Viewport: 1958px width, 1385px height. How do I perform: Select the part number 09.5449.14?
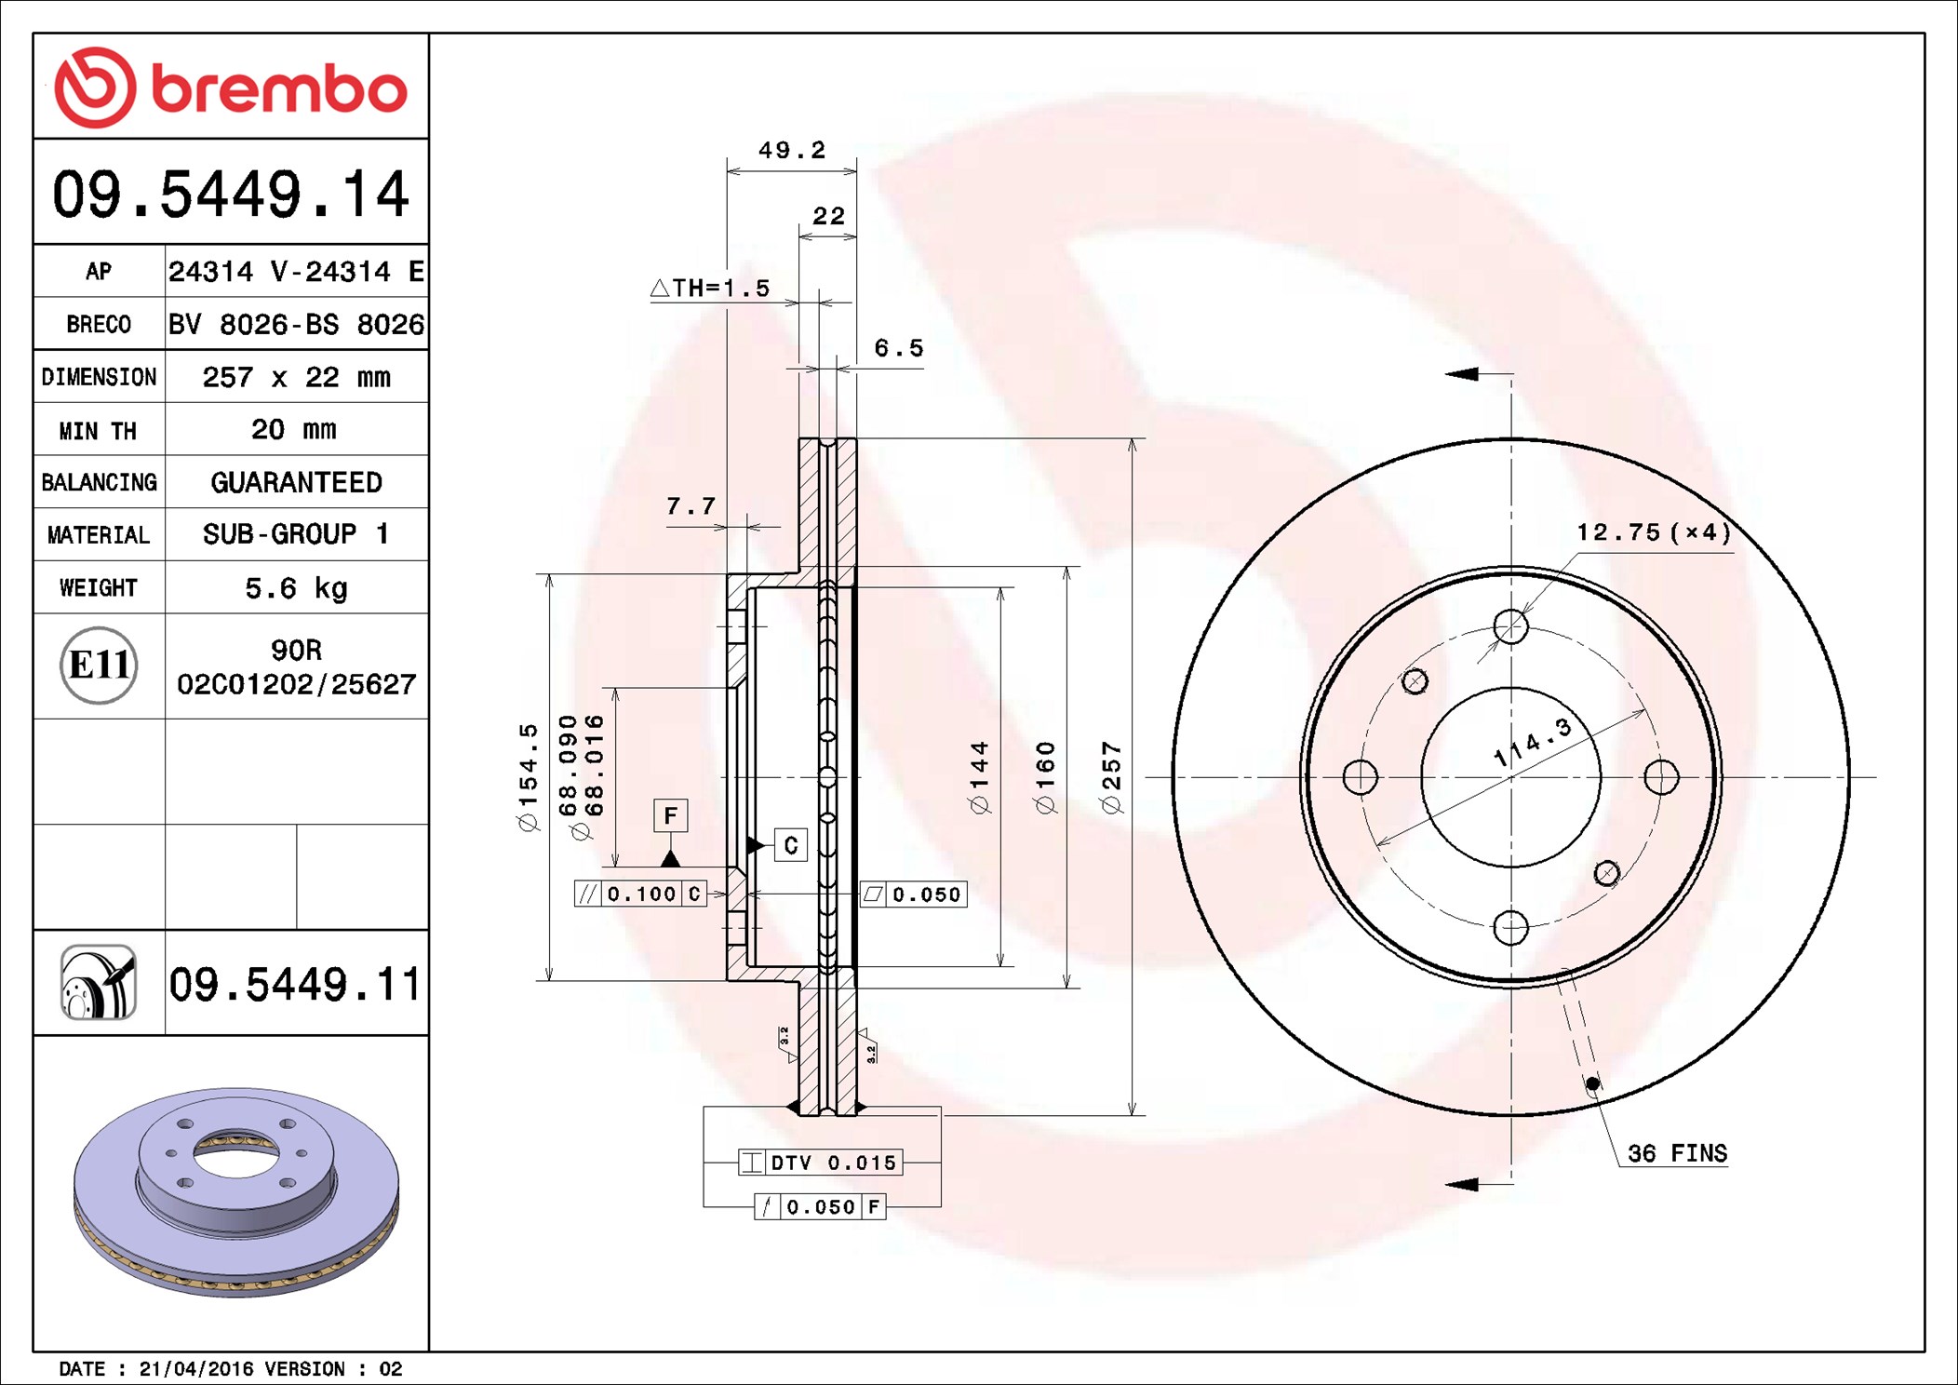[x=230, y=195]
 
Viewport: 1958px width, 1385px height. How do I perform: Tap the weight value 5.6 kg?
[x=296, y=588]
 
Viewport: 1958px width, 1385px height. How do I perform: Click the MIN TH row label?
[x=98, y=431]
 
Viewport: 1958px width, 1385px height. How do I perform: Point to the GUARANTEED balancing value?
[x=296, y=482]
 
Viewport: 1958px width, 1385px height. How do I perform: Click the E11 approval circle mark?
[x=99, y=666]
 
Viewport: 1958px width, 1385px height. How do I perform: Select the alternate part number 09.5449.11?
[x=294, y=985]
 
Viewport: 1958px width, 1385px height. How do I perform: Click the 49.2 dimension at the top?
[x=791, y=151]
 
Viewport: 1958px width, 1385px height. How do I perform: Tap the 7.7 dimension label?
[x=691, y=506]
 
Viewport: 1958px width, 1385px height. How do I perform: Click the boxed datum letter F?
[x=670, y=816]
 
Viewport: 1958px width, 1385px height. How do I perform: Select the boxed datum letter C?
[x=790, y=845]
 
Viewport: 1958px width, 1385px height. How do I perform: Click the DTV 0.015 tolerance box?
[x=821, y=1163]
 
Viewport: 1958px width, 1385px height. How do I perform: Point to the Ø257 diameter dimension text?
[x=1111, y=776]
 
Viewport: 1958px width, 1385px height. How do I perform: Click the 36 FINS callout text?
[x=1677, y=1153]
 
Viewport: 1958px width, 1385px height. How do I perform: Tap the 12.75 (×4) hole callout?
[x=1653, y=532]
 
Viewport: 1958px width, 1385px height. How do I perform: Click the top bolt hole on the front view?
[x=1510, y=626]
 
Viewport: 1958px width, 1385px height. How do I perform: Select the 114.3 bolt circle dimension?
[x=1532, y=743]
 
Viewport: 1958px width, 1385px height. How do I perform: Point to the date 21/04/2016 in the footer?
[x=195, y=1369]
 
